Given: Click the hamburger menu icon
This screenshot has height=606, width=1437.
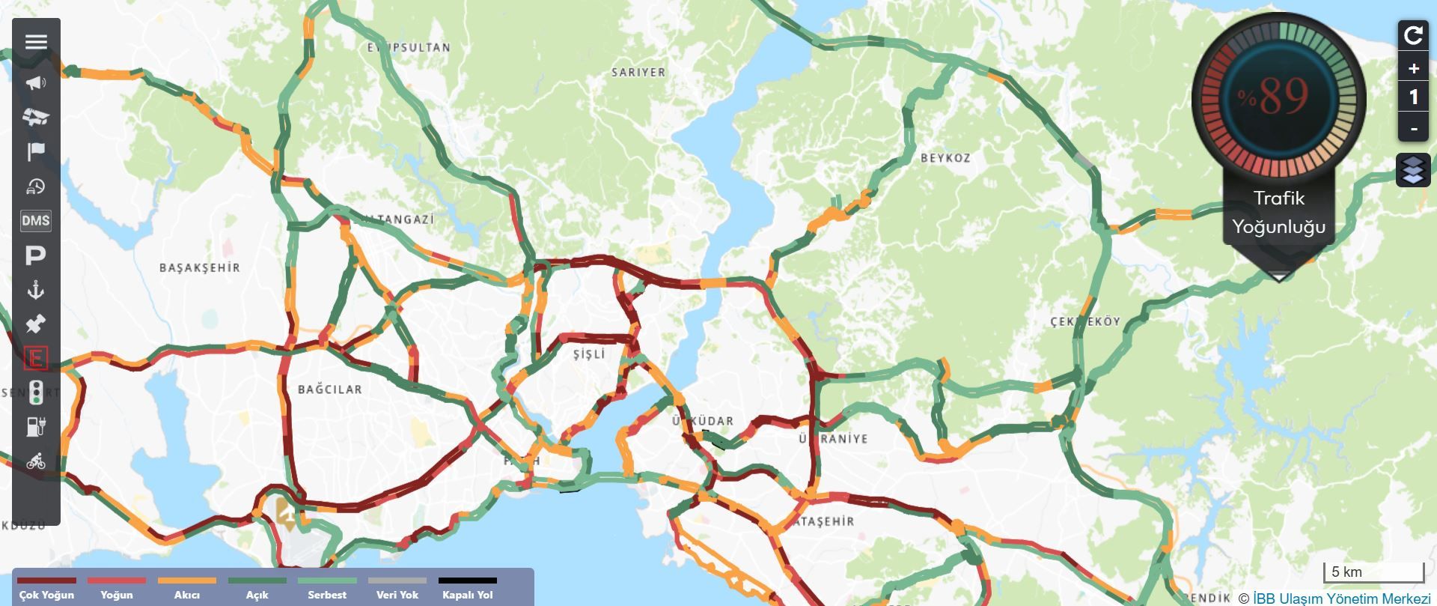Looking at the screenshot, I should click(36, 41).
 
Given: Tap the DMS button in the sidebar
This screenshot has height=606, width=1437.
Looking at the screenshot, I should click(36, 220).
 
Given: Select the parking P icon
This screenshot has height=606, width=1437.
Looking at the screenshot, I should click(35, 255).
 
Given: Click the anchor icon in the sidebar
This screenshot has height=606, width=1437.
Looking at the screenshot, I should click(35, 290).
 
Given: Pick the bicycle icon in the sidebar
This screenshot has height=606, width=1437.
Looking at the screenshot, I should click(36, 461).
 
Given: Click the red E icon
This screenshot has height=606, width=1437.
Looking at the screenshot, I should click(35, 358).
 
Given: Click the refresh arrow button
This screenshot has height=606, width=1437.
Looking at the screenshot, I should click(1413, 35).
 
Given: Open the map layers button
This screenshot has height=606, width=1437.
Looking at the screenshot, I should click(1413, 171).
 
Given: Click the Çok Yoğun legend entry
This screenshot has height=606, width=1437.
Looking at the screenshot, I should click(46, 589).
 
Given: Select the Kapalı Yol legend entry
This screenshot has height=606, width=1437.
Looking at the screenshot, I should click(468, 589).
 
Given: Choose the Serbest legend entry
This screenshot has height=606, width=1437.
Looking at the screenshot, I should click(327, 589).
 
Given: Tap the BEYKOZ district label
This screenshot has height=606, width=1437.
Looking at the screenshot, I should click(945, 158).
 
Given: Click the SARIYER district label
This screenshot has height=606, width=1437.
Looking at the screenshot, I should click(638, 73).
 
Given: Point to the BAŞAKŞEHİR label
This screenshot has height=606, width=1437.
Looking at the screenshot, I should click(200, 267).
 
